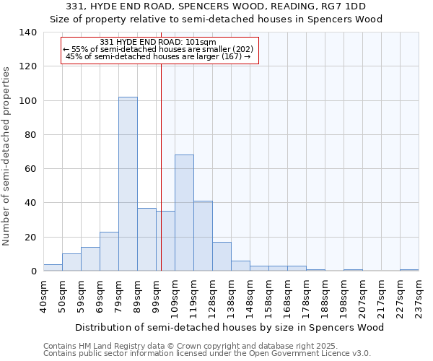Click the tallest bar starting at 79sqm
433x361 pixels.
[x=128, y=184]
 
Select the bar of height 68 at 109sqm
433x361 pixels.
[x=184, y=213]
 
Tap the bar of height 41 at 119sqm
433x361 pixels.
[x=203, y=236]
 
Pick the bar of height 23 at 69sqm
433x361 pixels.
[x=109, y=251]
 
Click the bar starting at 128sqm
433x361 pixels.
[x=222, y=256]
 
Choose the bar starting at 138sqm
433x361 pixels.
[x=240, y=266]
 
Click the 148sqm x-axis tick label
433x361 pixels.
[x=250, y=297]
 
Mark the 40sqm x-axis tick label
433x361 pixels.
[x=43, y=297]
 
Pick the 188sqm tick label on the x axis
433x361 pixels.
[x=325, y=297]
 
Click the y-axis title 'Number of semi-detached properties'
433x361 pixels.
[x=7, y=155]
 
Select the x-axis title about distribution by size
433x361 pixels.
[x=230, y=327]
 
